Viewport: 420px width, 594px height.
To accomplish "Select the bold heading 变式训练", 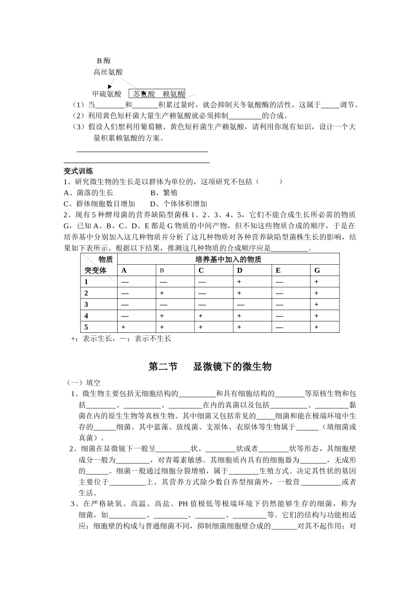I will [x=78, y=171].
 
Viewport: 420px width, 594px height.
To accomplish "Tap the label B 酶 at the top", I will [x=104, y=61].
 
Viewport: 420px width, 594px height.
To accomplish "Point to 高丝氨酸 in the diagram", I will [x=108, y=72].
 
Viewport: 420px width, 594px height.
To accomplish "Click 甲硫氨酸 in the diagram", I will [x=107, y=94].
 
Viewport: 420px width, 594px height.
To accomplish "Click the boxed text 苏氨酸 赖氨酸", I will [x=157, y=94].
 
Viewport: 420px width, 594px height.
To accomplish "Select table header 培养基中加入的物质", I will [x=228, y=259].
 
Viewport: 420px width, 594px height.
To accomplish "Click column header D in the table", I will [x=240, y=270].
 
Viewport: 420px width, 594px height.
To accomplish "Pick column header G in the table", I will [x=317, y=270].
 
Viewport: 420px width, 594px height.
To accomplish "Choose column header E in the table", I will [x=278, y=270].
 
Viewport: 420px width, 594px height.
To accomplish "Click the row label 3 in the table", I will [x=87, y=305].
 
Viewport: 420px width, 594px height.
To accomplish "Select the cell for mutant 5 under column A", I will [x=123, y=327].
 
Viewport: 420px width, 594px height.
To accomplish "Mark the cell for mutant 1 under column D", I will [x=239, y=282].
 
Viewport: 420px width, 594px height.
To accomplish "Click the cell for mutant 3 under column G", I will [x=317, y=305].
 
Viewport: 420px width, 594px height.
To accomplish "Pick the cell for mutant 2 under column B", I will [x=162, y=293].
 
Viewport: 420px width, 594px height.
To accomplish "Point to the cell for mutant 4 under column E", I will [x=278, y=316].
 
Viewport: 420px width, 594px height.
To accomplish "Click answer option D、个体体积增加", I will [x=179, y=204].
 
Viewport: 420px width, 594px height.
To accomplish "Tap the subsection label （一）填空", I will [x=84, y=383].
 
